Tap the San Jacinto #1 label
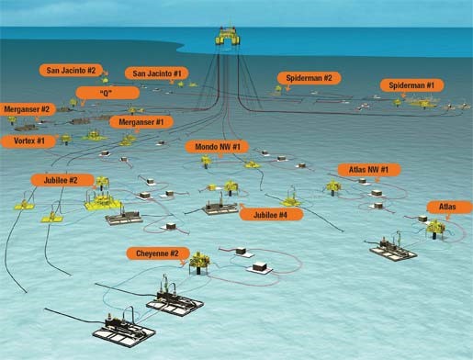click(x=162, y=73)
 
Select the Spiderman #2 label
click(x=310, y=78)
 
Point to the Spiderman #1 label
click(x=417, y=85)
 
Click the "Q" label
click(x=104, y=92)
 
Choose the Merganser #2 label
click(x=28, y=109)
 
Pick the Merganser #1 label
click(x=141, y=121)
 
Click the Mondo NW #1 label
click(x=220, y=147)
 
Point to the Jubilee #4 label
click(x=270, y=215)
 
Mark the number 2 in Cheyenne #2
click(x=186, y=253)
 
